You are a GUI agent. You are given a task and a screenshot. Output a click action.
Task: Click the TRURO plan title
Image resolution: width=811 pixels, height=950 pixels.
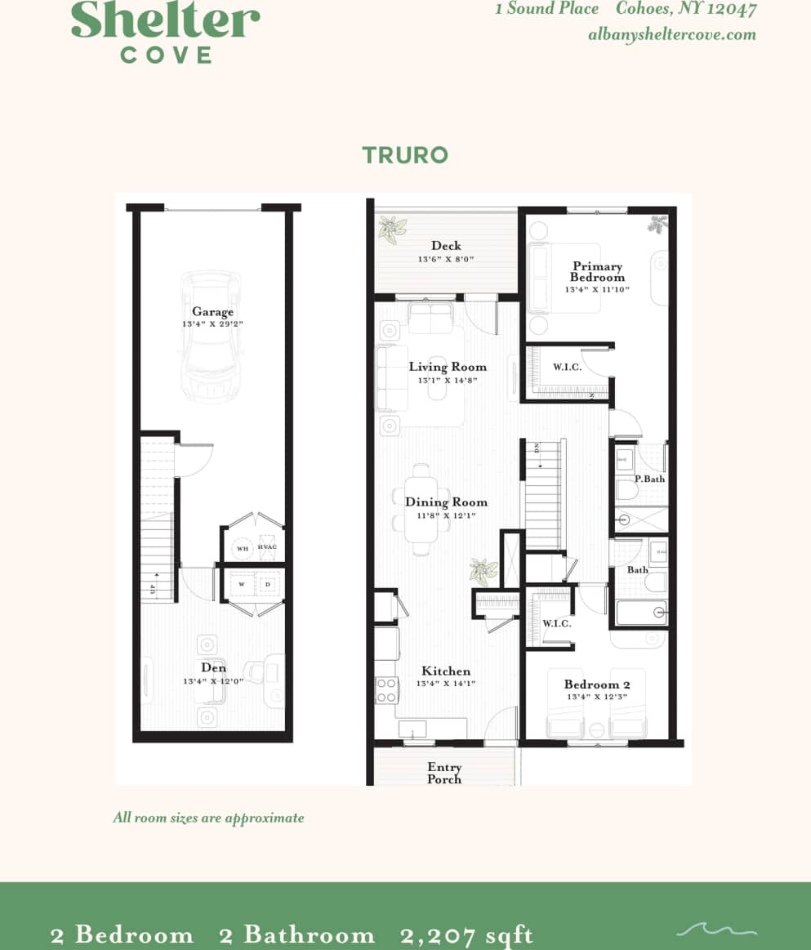(405, 155)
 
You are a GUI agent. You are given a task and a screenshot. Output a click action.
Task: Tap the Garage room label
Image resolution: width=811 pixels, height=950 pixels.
(212, 311)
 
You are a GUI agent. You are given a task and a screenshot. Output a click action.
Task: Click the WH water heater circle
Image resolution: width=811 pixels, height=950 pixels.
(243, 549)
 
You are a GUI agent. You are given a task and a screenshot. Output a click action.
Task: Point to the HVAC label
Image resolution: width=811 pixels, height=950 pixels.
(267, 547)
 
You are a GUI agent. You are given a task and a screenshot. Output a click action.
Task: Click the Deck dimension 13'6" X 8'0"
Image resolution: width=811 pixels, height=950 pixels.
(446, 259)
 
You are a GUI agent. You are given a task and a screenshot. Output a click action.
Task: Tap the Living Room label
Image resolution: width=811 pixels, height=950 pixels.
(448, 367)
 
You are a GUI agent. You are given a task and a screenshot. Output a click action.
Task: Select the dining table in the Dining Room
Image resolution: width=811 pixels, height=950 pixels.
(421, 509)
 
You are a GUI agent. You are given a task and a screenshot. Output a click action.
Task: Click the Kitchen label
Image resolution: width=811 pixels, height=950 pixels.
(446, 671)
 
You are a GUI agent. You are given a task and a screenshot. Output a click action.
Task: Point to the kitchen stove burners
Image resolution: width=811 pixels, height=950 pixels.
(386, 690)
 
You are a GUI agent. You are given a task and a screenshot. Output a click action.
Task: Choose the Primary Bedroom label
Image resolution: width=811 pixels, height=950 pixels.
(597, 271)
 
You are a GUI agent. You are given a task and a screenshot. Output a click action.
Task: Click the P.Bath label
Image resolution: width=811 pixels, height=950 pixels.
(649, 479)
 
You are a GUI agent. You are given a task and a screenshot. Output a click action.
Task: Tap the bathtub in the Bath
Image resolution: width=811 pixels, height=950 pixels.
(640, 613)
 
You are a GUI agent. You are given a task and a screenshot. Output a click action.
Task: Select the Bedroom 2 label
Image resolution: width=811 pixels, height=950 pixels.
(596, 685)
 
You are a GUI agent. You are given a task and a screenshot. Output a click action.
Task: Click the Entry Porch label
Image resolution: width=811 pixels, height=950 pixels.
(444, 773)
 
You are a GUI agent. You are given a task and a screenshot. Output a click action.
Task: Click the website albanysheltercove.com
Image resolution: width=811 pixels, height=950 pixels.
(671, 34)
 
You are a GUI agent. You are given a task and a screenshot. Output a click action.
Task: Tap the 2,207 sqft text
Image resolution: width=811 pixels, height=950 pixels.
(466, 934)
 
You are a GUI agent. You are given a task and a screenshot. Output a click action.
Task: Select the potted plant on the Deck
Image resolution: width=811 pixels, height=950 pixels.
(392, 230)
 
